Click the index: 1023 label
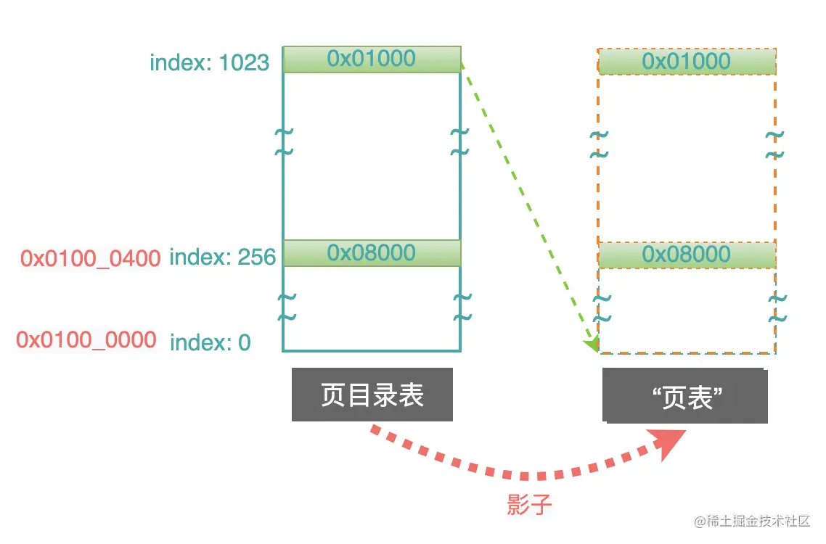(209, 62)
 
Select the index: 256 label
(222, 257)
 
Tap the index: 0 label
(210, 342)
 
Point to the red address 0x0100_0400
(90, 257)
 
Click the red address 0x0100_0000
(86, 339)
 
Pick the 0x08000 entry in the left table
(372, 253)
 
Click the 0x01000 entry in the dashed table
(687, 61)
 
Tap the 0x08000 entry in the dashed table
(687, 255)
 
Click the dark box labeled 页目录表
(372, 395)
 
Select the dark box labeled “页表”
(684, 396)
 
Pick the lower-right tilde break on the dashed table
(776, 308)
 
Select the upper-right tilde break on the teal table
(459, 141)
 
